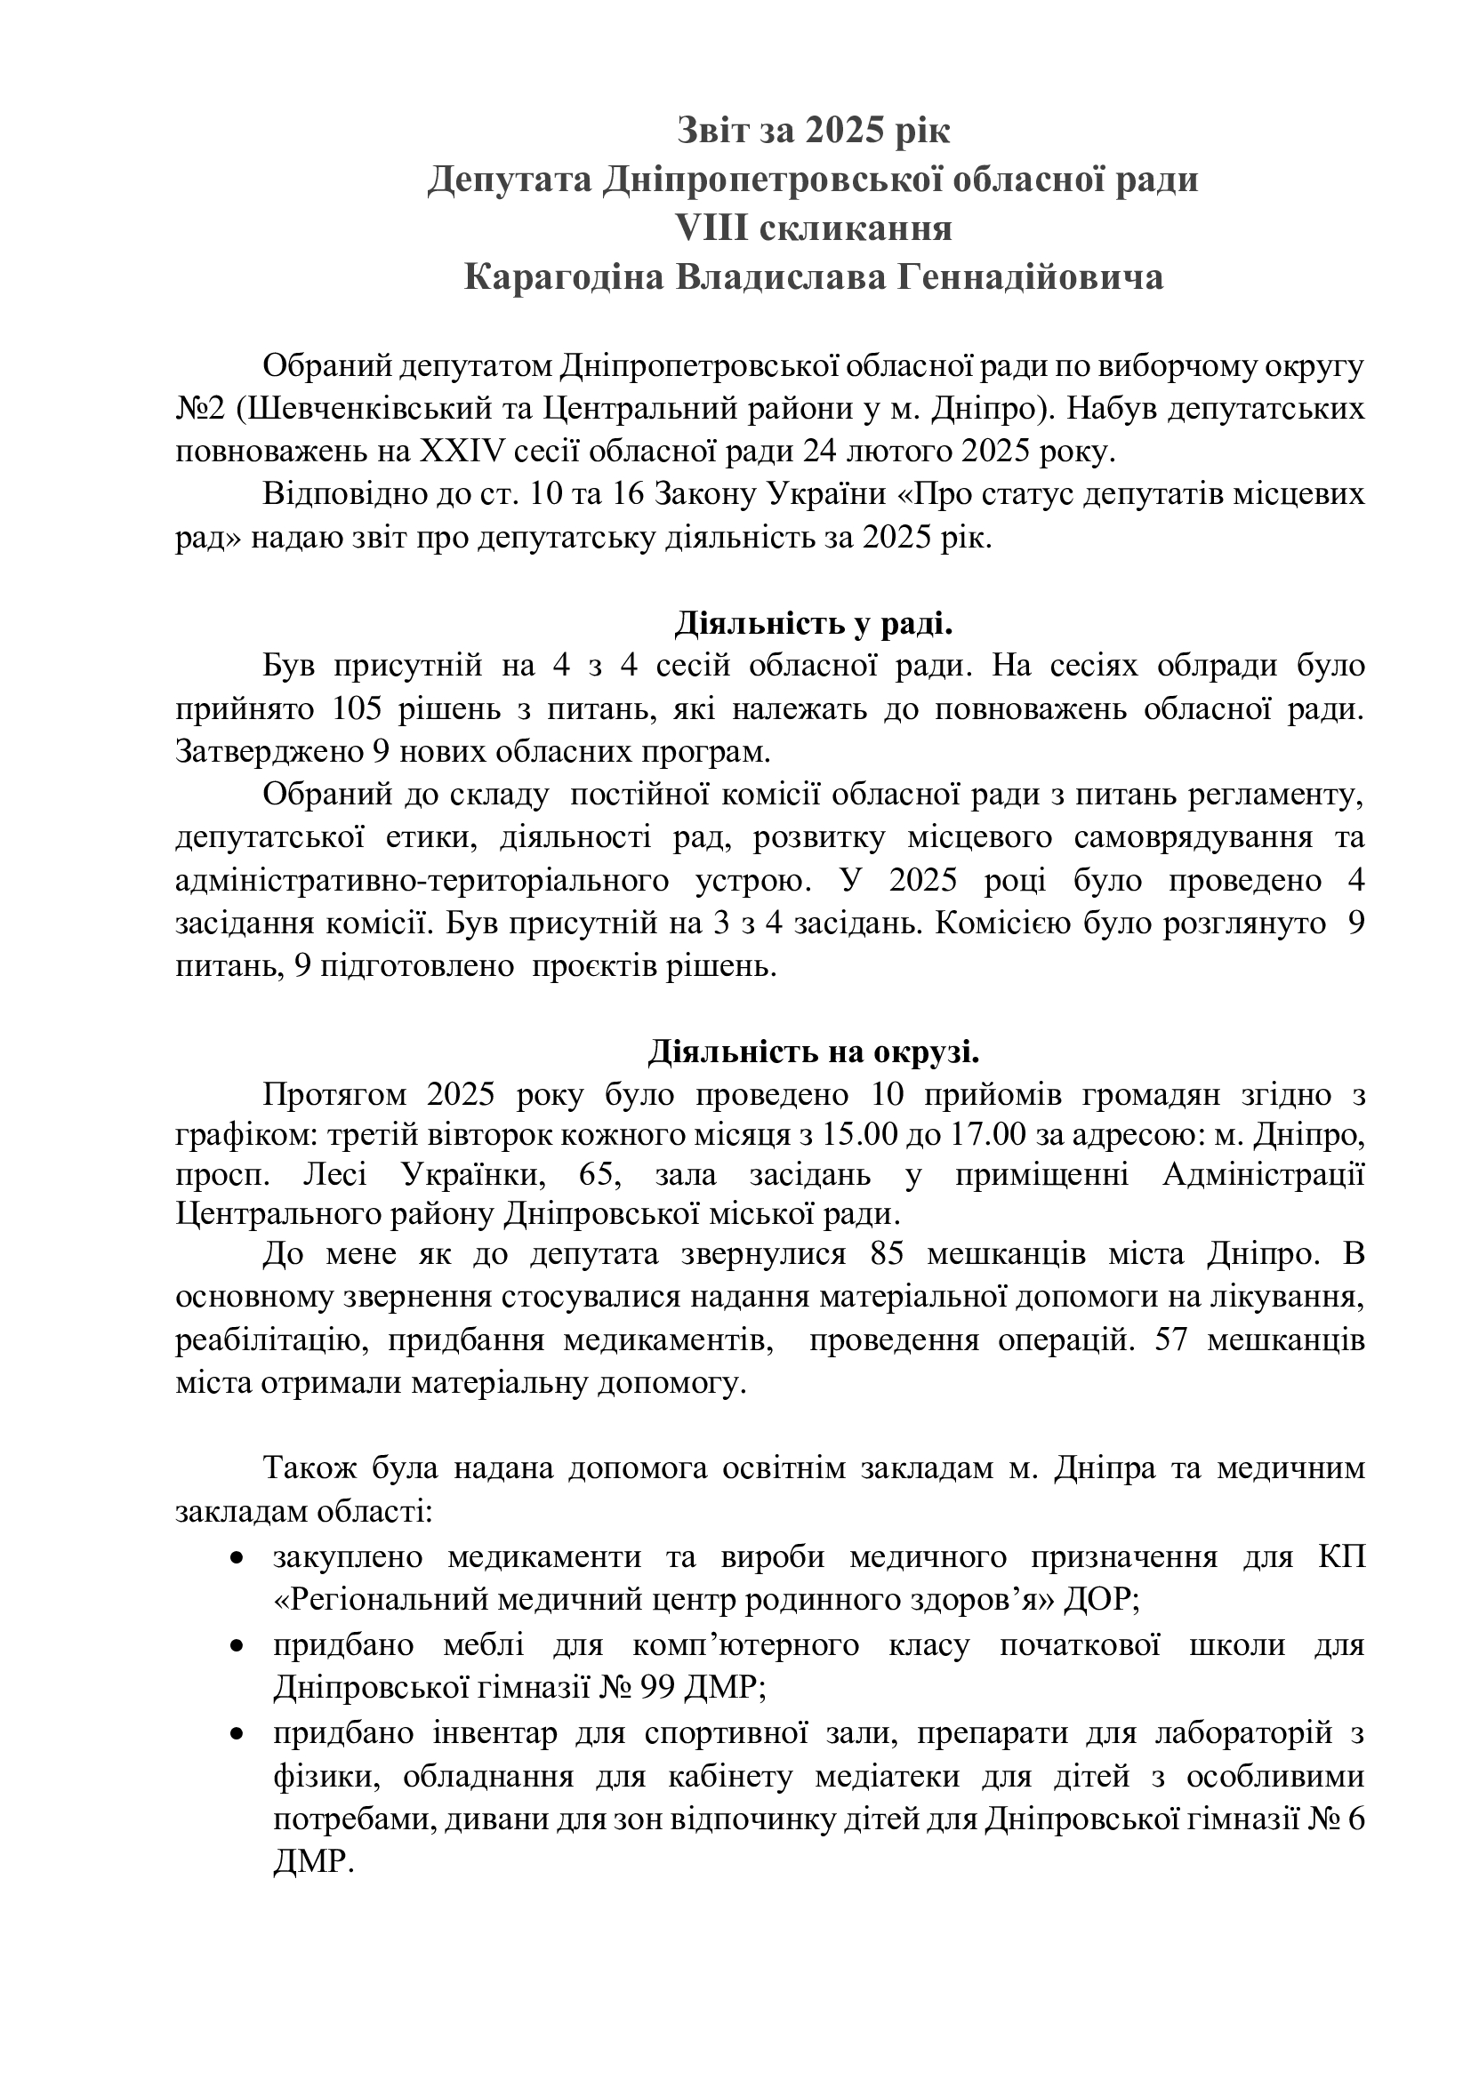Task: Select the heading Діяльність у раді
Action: (x=813, y=624)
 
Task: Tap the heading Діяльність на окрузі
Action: (x=813, y=1053)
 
